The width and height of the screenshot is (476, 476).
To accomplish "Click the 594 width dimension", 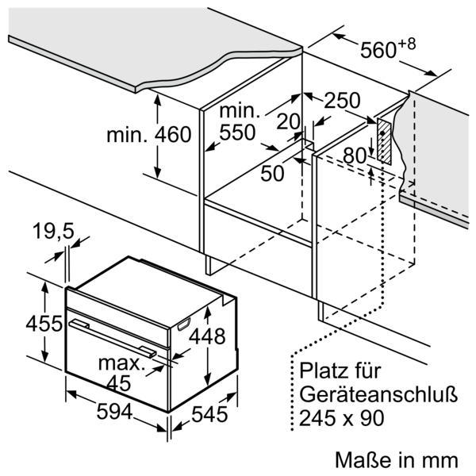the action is (115, 411).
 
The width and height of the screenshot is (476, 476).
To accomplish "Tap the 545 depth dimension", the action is (209, 414).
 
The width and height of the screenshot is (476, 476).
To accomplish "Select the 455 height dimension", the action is (44, 324).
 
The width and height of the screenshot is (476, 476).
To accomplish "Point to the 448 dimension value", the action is (207, 336).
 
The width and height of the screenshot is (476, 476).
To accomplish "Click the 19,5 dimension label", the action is (53, 232).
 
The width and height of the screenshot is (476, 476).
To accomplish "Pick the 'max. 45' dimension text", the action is (121, 373).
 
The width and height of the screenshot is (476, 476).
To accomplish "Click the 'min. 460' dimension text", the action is (149, 135).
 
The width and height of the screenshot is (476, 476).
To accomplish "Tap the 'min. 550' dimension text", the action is (240, 122).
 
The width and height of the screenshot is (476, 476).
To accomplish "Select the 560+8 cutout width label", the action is (388, 48).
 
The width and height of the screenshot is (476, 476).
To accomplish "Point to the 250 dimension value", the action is (343, 101).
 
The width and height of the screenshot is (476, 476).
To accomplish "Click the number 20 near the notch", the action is (288, 121).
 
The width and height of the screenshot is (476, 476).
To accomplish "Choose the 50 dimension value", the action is (273, 173).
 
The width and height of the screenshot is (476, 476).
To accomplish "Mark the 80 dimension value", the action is (355, 156).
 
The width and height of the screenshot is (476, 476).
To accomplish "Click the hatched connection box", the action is (384, 141).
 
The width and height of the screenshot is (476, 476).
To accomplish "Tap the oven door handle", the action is (113, 338).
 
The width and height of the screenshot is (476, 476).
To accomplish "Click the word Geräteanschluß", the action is (378, 394).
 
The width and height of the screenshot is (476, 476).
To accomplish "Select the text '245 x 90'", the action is (342, 418).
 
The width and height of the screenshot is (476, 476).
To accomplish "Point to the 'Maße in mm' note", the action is (397, 460).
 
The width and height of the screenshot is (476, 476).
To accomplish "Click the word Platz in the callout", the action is (322, 370).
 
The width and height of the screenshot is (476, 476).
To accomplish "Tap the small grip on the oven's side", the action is (184, 324).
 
